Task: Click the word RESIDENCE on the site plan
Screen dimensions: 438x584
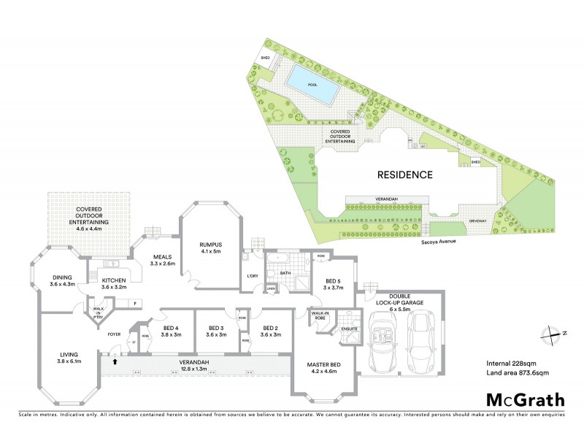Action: pyautogui.click(x=405, y=175)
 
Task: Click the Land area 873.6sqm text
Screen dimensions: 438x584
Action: pyautogui.click(x=517, y=373)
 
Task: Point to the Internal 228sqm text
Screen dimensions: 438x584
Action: pyautogui.click(x=511, y=364)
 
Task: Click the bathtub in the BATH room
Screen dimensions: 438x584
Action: pyautogui.click(x=275, y=260)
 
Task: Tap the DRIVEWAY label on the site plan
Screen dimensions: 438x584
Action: pyautogui.click(x=478, y=219)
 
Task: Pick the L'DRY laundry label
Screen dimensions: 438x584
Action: pyautogui.click(x=253, y=275)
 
